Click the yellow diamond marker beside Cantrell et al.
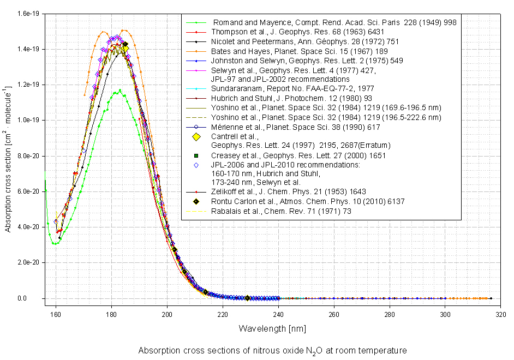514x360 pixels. click(x=197, y=136)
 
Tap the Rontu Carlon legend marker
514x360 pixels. click(x=197, y=201)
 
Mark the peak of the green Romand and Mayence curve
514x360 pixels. click(x=119, y=91)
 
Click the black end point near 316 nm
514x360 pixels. click(x=491, y=298)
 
